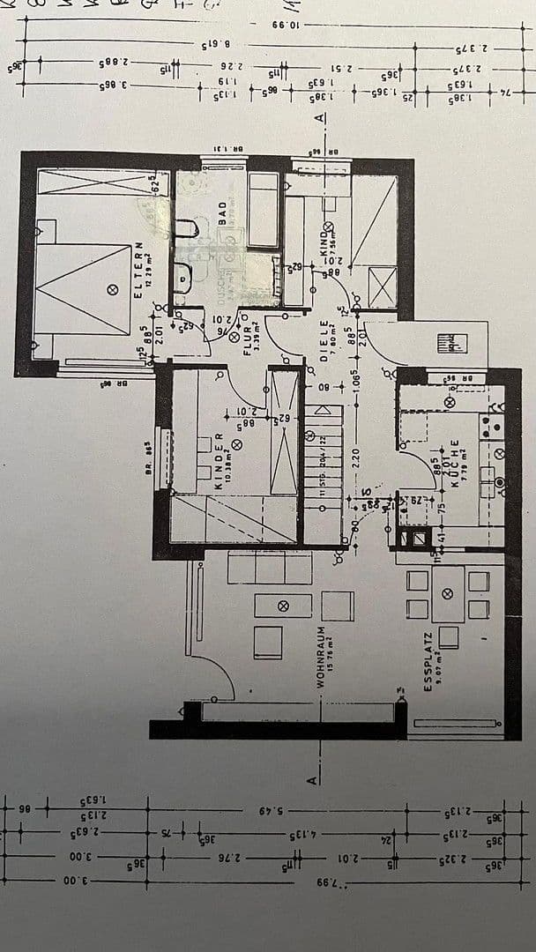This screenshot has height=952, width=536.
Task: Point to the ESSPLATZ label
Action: (x=428, y=661)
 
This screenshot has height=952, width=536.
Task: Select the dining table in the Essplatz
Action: (x=448, y=594)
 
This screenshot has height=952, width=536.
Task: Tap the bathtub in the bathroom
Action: (x=263, y=209)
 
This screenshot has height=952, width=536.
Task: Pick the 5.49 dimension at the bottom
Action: (x=271, y=808)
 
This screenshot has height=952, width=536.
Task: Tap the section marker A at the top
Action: (x=319, y=118)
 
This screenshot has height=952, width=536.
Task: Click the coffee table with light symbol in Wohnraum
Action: (x=283, y=606)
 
